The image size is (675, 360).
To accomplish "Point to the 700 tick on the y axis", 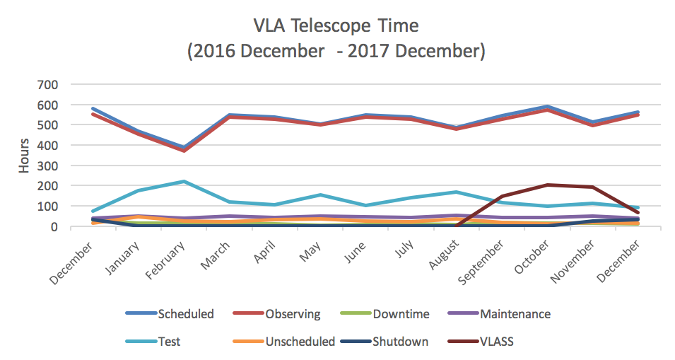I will [x=58, y=84].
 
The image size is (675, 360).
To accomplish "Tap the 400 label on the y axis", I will [x=58, y=145].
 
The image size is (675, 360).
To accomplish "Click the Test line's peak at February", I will [x=183, y=182].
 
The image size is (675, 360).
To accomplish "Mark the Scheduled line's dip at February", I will [x=183, y=147].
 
